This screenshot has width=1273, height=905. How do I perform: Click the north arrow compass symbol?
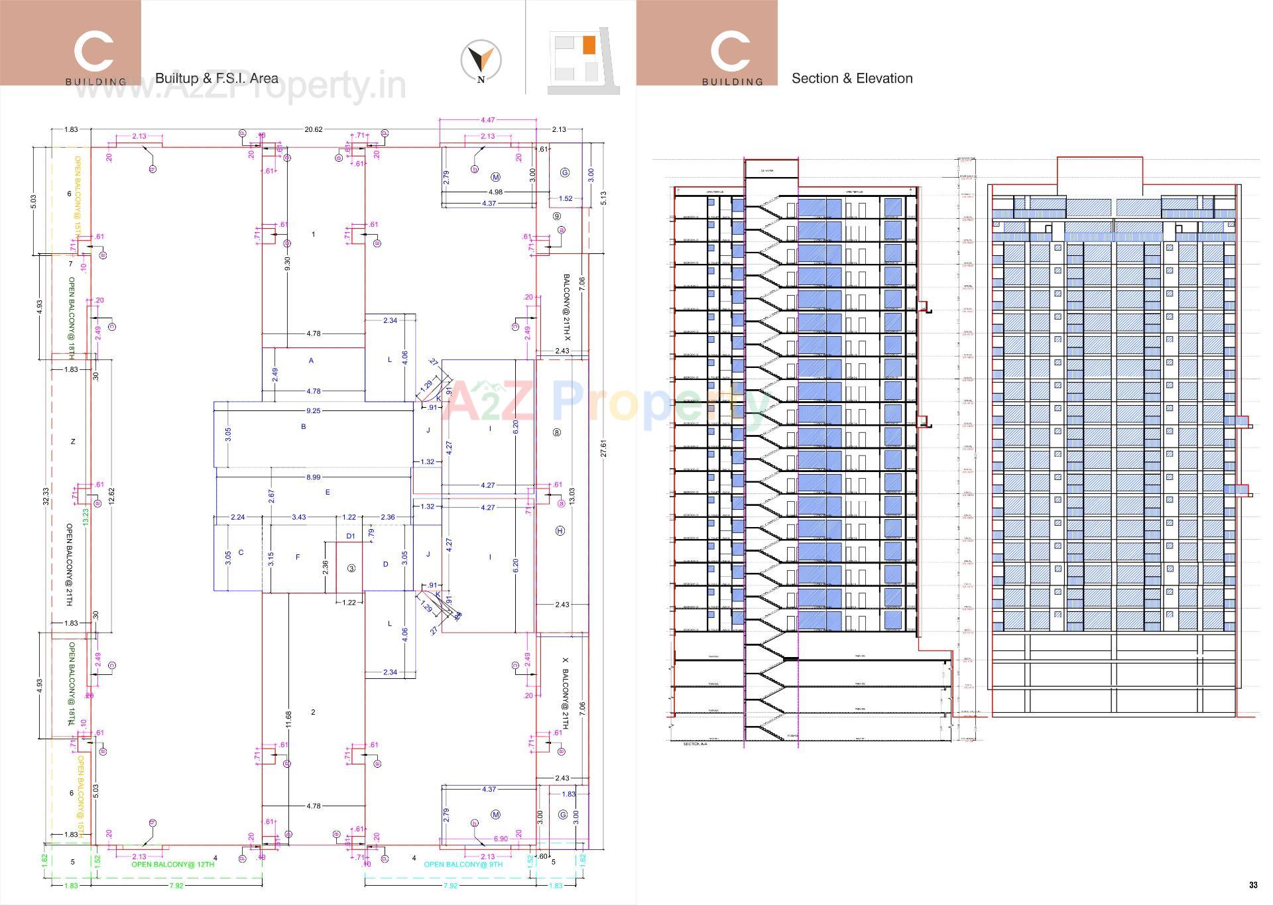coord(481,61)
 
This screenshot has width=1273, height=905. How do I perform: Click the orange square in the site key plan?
coord(588,45)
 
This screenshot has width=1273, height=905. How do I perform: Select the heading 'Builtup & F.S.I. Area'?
coord(217,78)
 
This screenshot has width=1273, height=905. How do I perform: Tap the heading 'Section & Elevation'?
coord(852,78)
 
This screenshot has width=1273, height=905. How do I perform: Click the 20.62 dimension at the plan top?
coord(313,129)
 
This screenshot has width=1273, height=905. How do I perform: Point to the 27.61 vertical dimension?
coord(603,449)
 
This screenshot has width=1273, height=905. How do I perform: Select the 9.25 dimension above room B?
coord(313,411)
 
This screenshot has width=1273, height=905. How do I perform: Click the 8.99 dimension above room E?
coord(313,477)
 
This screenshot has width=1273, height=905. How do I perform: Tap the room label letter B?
coord(304,427)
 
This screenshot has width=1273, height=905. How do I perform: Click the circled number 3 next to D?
coord(351,568)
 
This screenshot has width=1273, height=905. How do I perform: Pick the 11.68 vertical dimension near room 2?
coord(288,721)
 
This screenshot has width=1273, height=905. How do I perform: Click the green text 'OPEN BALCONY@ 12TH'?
coord(172,865)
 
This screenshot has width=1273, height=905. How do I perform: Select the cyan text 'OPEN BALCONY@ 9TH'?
coord(463,865)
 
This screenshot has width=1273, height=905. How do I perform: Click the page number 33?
coord(1253,885)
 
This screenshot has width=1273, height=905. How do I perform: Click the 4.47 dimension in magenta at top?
coord(487,120)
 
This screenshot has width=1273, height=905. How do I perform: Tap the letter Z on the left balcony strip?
coord(73,442)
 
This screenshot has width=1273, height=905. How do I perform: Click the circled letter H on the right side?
coord(560,531)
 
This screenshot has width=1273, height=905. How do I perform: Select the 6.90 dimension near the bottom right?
coord(501,839)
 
